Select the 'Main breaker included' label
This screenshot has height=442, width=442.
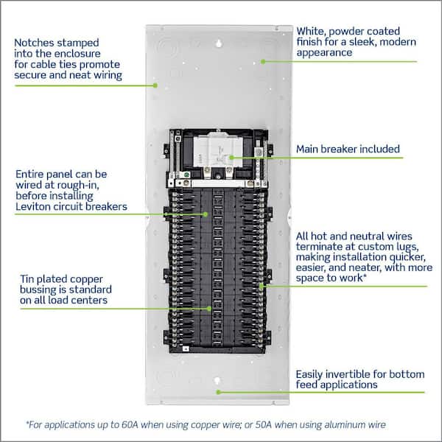(348, 150)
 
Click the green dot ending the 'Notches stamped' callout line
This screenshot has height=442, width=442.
(156, 85)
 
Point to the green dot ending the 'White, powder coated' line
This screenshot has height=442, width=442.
(262, 60)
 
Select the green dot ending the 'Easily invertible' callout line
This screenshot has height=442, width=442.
(218, 391)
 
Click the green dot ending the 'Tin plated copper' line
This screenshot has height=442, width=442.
(211, 308)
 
